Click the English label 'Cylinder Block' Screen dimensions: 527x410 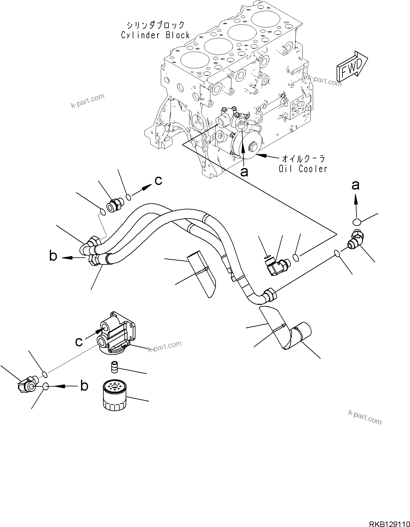click(155, 35)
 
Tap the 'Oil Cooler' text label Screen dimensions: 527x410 click(303, 168)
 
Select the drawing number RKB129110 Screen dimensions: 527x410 click(388, 516)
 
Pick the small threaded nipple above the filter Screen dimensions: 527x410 click(114, 367)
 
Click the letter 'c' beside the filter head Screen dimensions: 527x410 click(79, 341)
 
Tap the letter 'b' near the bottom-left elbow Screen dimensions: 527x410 click(84, 386)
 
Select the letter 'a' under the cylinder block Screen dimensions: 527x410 click(244, 172)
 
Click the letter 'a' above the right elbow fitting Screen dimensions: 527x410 click(355, 185)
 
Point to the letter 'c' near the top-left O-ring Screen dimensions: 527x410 click(158, 181)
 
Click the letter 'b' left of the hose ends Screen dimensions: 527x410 click(53, 256)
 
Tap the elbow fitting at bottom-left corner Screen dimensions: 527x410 click(27, 385)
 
